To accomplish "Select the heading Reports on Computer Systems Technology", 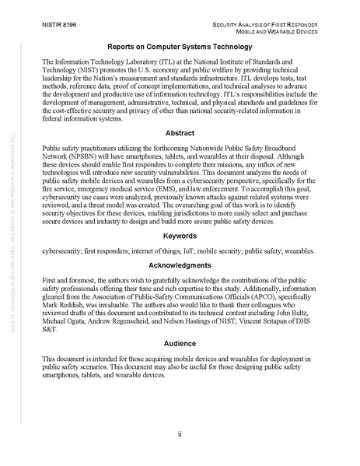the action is (180, 47).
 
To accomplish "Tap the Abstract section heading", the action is (180, 133).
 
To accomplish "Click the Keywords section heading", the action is (180, 234).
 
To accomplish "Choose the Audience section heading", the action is (180, 342).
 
